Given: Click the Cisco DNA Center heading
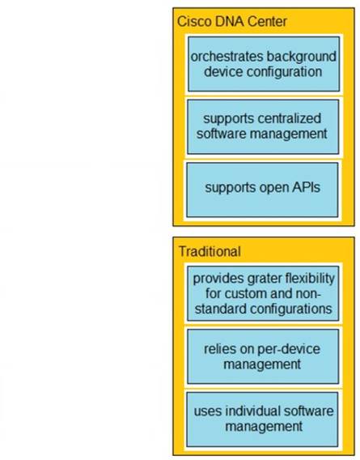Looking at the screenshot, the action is pyautogui.click(x=232, y=21).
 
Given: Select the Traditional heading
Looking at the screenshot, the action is pyautogui.click(x=210, y=251).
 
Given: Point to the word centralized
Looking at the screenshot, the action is pyautogui.click(x=286, y=118).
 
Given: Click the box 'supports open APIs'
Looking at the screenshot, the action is pyautogui.click(x=262, y=190).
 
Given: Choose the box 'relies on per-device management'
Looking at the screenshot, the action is pyautogui.click(x=263, y=356).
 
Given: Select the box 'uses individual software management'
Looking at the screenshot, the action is pyautogui.click(x=262, y=420).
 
